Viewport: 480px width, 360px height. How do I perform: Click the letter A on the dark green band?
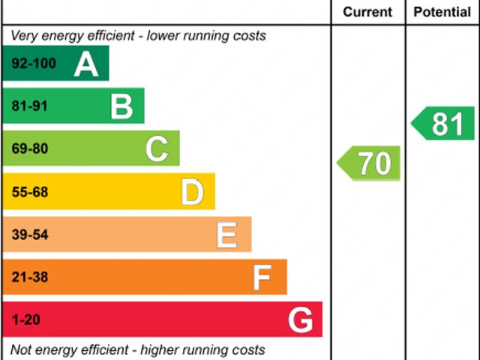pyautogui.click(x=86, y=64)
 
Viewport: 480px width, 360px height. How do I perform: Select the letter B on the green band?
pyautogui.click(x=121, y=106)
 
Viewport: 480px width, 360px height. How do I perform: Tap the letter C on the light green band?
pyautogui.click(x=157, y=149)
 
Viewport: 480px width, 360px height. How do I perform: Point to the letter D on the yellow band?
pyautogui.click(x=192, y=192)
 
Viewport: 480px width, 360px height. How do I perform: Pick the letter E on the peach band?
pyautogui.click(x=226, y=235)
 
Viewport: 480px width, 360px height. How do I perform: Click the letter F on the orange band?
pyautogui.click(x=262, y=277)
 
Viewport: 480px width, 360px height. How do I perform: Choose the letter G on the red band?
pyautogui.click(x=300, y=320)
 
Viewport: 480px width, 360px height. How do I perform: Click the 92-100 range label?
pyautogui.click(x=34, y=64)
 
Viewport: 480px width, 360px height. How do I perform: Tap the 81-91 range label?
pyautogui.click(x=30, y=106)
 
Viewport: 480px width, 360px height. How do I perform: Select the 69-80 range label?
pyautogui.click(x=30, y=149)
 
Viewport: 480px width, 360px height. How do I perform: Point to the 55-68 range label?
pyautogui.click(x=30, y=192)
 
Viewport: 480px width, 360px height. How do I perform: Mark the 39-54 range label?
pyautogui.click(x=30, y=235)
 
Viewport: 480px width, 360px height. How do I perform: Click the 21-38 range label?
pyautogui.click(x=30, y=277)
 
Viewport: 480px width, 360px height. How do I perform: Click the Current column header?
pyautogui.click(x=367, y=12)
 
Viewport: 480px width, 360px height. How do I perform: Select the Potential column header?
pyautogui.click(x=442, y=12)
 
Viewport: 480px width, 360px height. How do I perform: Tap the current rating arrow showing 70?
pyautogui.click(x=369, y=163)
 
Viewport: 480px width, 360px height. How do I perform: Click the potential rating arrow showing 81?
pyautogui.click(x=444, y=123)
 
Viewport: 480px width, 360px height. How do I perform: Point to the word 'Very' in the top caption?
pyautogui.click(x=25, y=35)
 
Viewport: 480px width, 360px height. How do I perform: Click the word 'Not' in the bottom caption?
pyautogui.click(x=22, y=349)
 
